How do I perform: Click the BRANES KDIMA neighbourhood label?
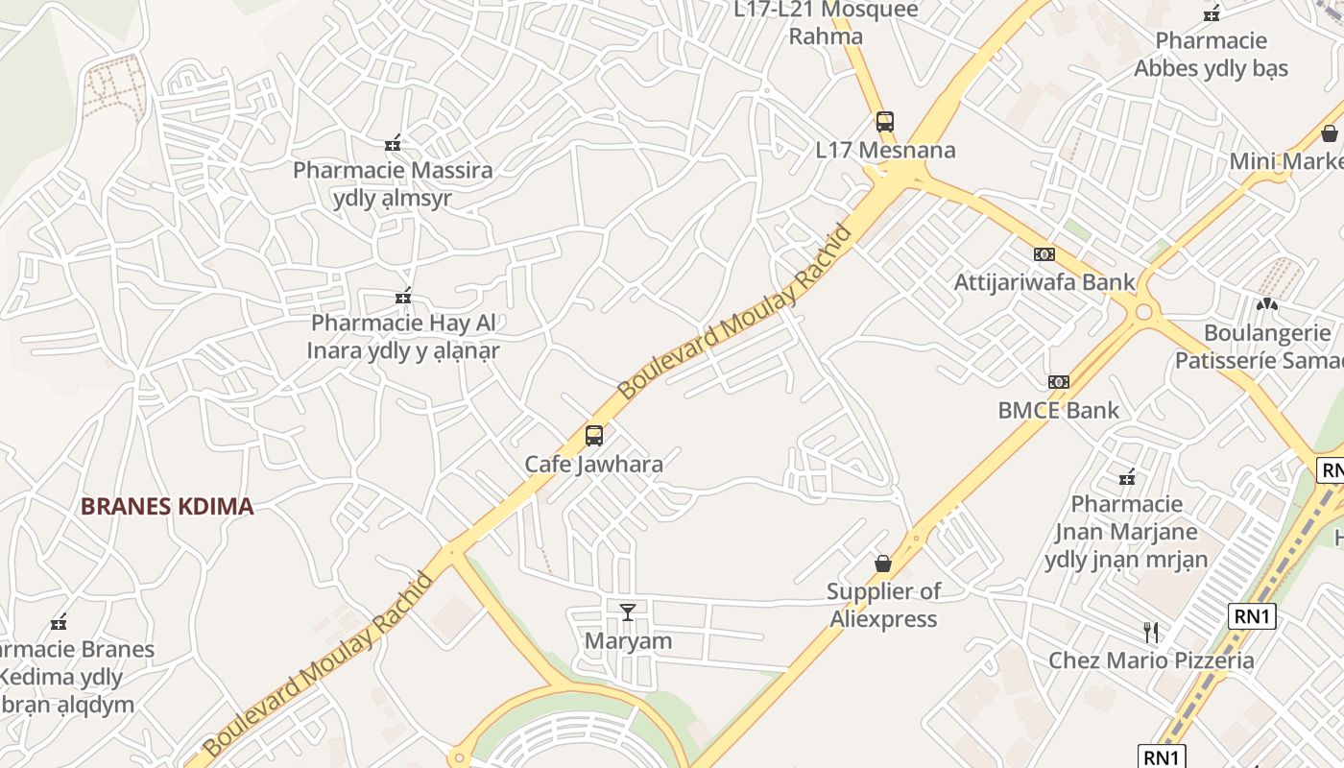[x=167, y=507]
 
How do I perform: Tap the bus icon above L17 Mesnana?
[x=885, y=122]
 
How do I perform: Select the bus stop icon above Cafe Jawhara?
[x=594, y=436]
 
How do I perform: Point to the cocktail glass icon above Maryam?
[x=628, y=612]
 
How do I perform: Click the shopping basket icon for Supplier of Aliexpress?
[x=883, y=564]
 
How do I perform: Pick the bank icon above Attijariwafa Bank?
[x=1044, y=254]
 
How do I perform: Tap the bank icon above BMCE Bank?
[x=1059, y=382]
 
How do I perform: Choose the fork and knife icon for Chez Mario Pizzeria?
[x=1151, y=632]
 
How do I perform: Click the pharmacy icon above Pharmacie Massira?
[x=393, y=143]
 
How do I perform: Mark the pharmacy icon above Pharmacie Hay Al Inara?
[x=403, y=296]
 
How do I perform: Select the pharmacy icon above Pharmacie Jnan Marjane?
[x=1127, y=476]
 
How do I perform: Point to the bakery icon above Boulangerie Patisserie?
[x=1267, y=304]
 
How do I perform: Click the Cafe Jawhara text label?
[x=593, y=465]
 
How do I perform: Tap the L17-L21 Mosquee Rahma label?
[x=826, y=23]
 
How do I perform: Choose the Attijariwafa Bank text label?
[x=1044, y=282]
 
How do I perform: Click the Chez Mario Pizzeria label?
[x=1151, y=660]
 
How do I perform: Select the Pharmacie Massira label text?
[x=393, y=171]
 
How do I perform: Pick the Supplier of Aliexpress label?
[x=883, y=605]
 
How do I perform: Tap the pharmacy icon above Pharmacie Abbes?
[x=1212, y=13]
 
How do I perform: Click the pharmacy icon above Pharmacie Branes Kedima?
[x=60, y=622]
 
